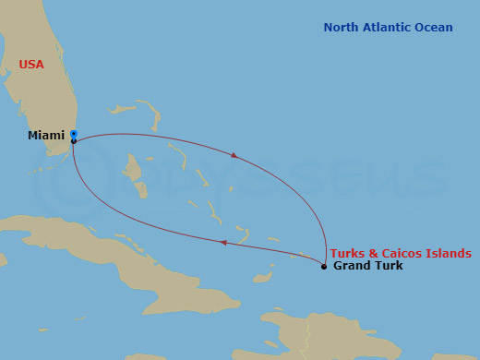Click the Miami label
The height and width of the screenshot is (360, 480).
[46, 136]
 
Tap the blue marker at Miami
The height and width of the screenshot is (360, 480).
[73, 134]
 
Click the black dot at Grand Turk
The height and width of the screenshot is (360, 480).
[324, 267]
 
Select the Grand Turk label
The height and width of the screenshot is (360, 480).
[367, 266]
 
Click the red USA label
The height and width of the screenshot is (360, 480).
[31, 65]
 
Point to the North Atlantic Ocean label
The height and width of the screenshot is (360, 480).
[388, 28]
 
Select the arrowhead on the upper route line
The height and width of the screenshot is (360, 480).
[234, 155]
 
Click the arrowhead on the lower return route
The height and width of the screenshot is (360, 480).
[223, 243]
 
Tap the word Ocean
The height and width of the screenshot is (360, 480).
[435, 28]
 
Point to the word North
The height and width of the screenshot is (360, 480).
[342, 28]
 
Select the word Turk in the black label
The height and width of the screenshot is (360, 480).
[389, 266]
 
